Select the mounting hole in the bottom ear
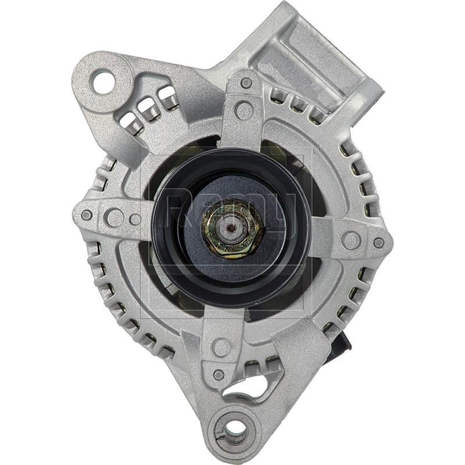pyautogui.click(x=235, y=429)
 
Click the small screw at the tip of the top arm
pyautogui.click(x=246, y=83)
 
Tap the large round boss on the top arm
pyautogui.click(x=244, y=110)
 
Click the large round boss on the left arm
pyautogui.click(x=115, y=217)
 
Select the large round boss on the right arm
pyautogui.click(x=351, y=239)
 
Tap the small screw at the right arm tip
pyautogui.click(x=379, y=243)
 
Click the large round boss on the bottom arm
pyautogui.click(x=221, y=347)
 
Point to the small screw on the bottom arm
pyautogui.click(x=219, y=374)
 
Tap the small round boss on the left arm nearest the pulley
pyautogui.click(x=135, y=219)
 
